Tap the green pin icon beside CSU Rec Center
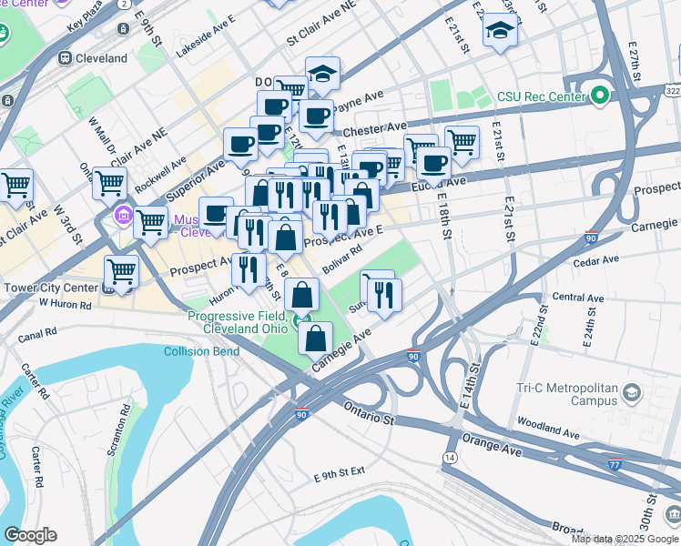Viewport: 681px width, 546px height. tap(599, 95)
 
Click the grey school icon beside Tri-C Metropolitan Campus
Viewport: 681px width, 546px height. tap(632, 393)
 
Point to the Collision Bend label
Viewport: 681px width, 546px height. tap(201, 351)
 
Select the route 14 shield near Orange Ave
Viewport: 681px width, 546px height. tap(450, 457)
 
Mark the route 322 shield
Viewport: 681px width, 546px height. tap(671, 91)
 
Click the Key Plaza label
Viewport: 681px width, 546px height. tap(87, 20)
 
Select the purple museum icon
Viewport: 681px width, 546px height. tap(122, 217)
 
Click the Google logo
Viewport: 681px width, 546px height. tap(30, 535)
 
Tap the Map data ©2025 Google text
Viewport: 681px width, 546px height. tap(624, 539)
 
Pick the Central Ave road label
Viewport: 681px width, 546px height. tap(578, 298)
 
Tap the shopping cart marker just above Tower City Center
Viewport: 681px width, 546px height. tap(121, 270)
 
